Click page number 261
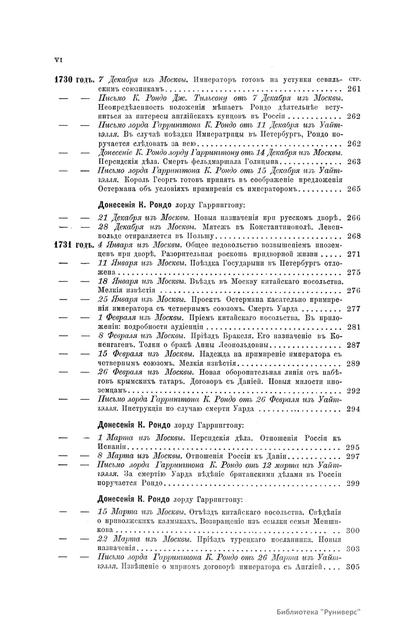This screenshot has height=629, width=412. pyautogui.click(x=354, y=89)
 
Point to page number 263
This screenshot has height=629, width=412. pyautogui.click(x=354, y=161)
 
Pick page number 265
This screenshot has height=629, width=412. pyautogui.click(x=354, y=188)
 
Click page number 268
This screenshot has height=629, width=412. pyautogui.click(x=354, y=236)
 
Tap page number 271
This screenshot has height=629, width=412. pyautogui.click(x=354, y=254)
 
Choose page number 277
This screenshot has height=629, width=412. pyautogui.click(x=354, y=308)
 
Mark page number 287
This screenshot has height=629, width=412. pyautogui.click(x=354, y=345)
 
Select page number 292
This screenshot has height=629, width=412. pyautogui.click(x=354, y=390)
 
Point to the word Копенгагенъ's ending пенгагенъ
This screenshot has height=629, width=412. pyautogui.click(x=117, y=345)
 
